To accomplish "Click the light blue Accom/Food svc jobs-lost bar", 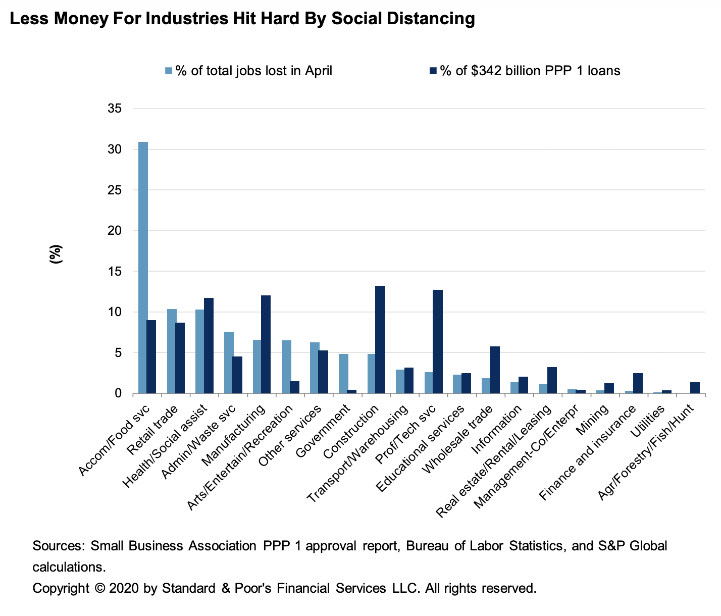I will (143, 268).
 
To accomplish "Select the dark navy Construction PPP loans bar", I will (380, 339).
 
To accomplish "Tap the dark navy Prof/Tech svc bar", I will (438, 341).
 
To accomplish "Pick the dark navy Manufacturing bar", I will (266, 344).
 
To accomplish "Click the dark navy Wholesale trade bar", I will (495, 370).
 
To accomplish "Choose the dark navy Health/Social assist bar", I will (209, 345).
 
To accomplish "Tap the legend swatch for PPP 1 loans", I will (434, 71).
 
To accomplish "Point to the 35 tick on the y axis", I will (115, 109).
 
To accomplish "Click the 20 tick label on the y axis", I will (115, 231).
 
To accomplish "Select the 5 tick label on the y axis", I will (118, 353).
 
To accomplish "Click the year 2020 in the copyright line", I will (123, 588).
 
